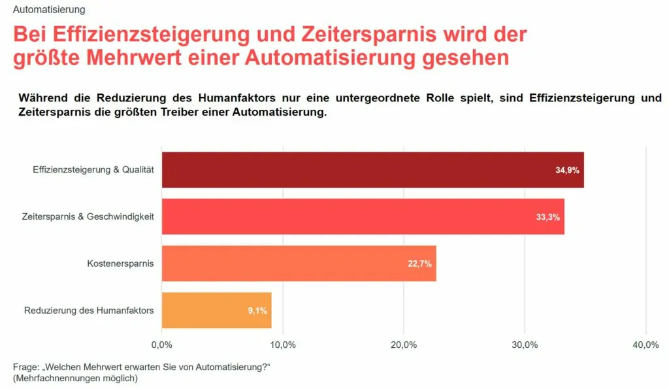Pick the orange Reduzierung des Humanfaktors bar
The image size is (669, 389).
(x=216, y=310)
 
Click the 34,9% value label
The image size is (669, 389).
(x=567, y=170)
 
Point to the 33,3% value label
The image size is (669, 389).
(x=547, y=217)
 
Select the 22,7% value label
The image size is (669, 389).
(x=419, y=264)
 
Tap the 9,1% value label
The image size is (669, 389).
(x=257, y=311)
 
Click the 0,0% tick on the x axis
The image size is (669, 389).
(x=161, y=345)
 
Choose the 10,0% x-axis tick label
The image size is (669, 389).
(x=282, y=345)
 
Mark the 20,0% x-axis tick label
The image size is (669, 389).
(x=404, y=345)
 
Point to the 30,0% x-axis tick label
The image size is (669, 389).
(x=525, y=345)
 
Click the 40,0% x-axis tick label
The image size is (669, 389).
(x=645, y=345)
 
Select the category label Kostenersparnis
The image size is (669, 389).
(x=120, y=263)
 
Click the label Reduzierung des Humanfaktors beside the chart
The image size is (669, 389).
(x=89, y=310)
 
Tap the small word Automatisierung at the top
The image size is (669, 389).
(x=49, y=10)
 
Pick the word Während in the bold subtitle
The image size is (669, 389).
(x=44, y=98)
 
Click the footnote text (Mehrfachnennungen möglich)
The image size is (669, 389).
(x=75, y=378)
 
